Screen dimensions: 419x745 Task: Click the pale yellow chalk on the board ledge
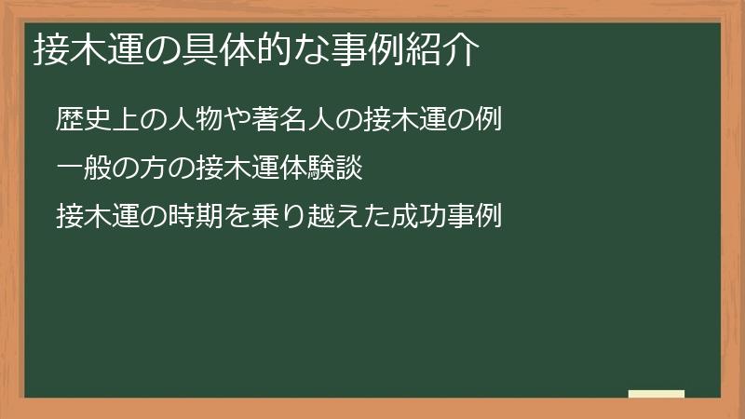click(657, 394)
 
